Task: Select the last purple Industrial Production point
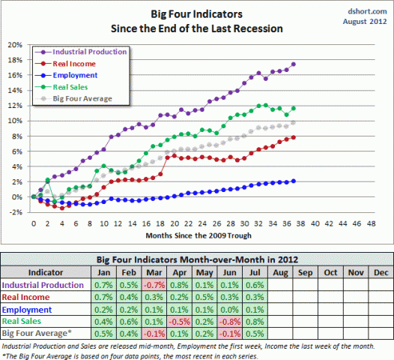293,64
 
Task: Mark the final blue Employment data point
293,181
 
